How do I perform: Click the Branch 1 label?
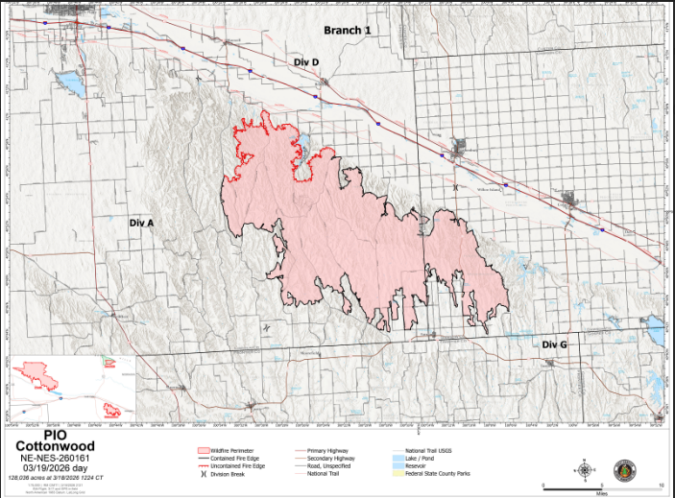[348, 31]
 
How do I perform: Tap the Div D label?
[305, 61]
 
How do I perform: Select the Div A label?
[141, 222]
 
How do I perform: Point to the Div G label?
[554, 344]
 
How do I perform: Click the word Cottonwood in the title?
[60, 445]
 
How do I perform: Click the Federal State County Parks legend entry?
[436, 474]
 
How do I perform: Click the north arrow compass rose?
[586, 469]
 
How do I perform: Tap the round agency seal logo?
[627, 469]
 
